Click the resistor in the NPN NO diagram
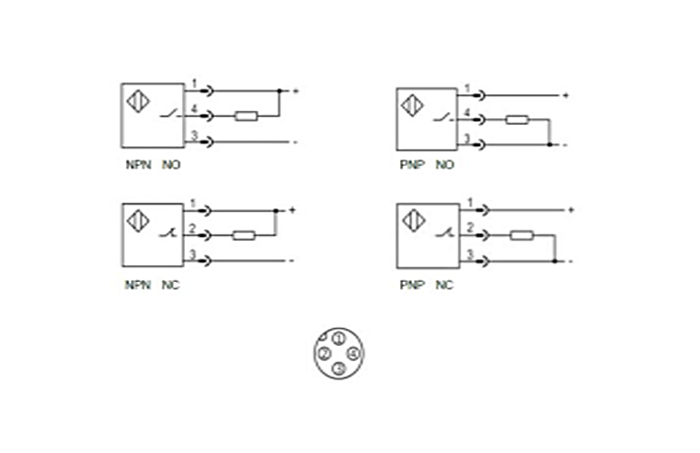pos(246,116)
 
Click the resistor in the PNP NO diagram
pos(517,121)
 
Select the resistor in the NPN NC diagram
pos(244,236)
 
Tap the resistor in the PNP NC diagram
pos(522,236)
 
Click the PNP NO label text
pos(426,165)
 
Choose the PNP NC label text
pos(426,285)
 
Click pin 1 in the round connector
pos(338,338)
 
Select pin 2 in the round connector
pos(323,353)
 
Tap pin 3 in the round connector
pos(338,368)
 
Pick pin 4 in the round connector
pos(353,353)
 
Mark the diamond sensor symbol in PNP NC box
pos(413,220)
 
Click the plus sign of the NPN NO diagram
pos(294,91)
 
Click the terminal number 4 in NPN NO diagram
pos(194,108)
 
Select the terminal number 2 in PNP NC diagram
pos(470,229)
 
